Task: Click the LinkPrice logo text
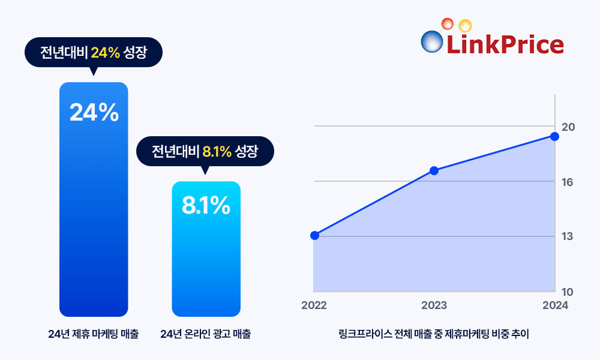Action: point(505,44)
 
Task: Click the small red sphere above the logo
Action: point(447,24)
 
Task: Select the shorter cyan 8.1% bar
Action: point(206,258)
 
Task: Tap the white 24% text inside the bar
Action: point(94,113)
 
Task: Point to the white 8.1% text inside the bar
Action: point(206,206)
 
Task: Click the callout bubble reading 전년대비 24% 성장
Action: point(94,53)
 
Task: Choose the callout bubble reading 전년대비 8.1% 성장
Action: point(205,151)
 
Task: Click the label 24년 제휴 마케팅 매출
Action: point(94,334)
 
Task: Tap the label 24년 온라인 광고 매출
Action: point(206,334)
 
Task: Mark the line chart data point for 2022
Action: point(314,235)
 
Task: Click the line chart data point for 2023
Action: point(434,170)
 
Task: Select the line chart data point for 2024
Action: point(554,136)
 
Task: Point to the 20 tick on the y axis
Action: point(568,127)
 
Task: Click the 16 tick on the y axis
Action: point(568,182)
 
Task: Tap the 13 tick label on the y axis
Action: point(568,236)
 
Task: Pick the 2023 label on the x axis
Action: point(434,305)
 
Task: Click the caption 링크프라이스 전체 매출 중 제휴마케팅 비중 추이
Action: point(434,334)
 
